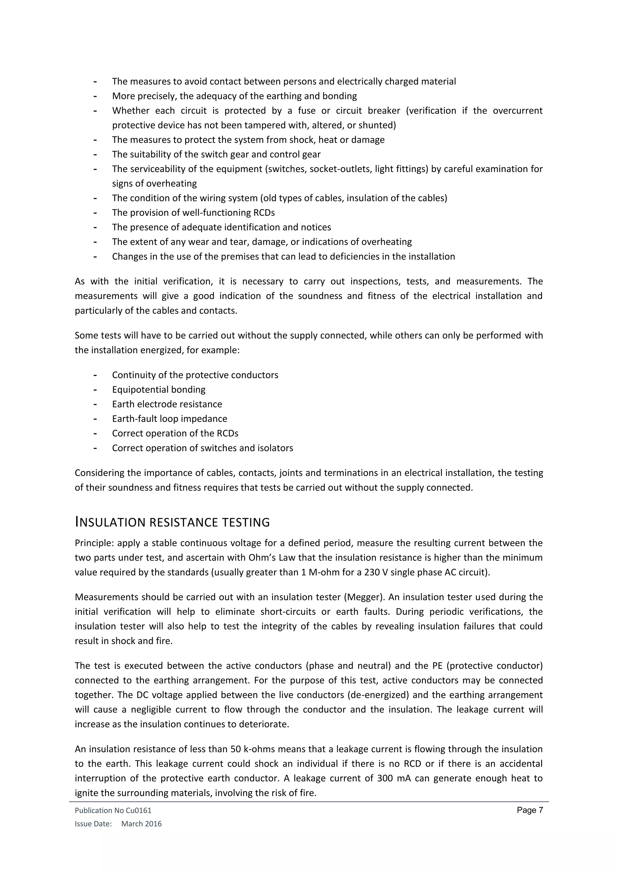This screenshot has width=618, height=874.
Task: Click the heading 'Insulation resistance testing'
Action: point(172,522)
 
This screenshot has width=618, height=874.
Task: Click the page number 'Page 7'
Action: point(530,810)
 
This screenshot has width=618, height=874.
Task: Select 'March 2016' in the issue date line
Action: point(141,824)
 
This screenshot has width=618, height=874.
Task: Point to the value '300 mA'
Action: point(390,778)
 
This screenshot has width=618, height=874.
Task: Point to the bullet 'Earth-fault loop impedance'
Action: point(169,419)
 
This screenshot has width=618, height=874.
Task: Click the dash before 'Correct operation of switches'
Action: point(95,448)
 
